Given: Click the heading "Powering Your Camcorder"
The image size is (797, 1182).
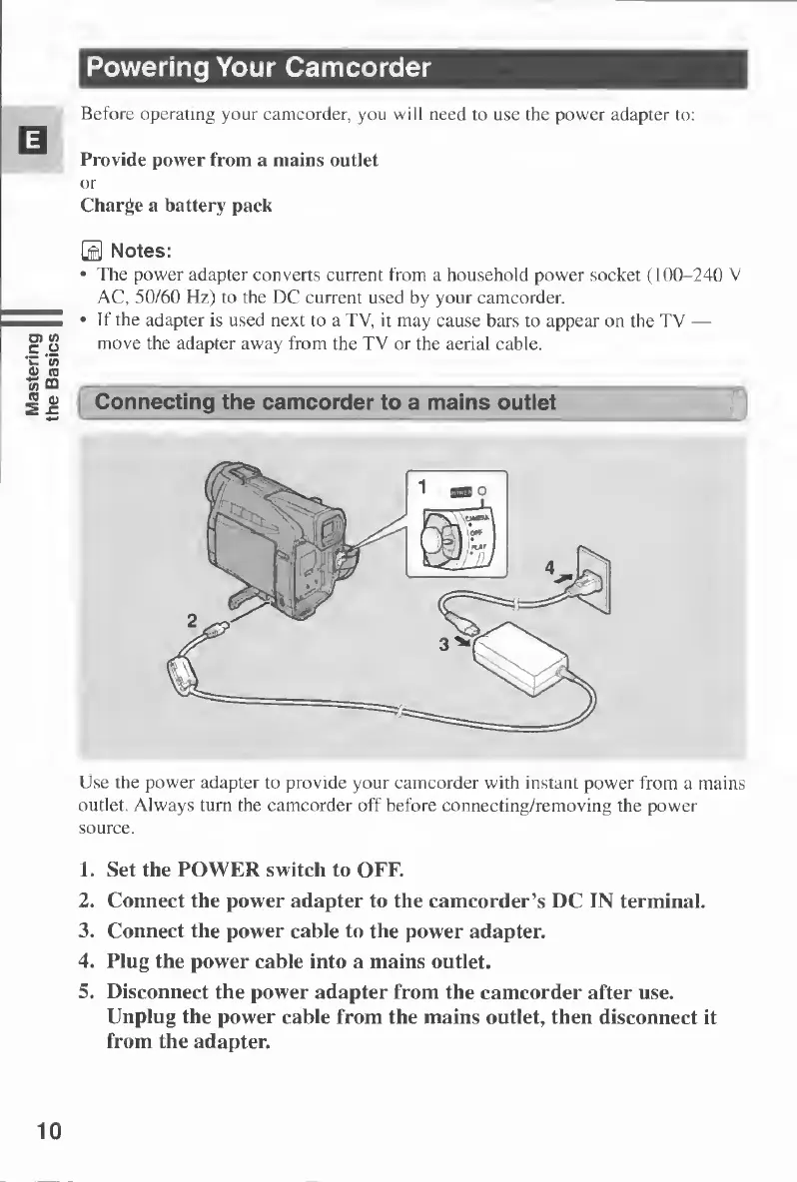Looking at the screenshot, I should [x=259, y=69].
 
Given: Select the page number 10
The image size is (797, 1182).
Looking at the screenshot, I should [x=47, y=1130].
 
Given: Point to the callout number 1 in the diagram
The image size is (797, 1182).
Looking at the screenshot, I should [x=423, y=487].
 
